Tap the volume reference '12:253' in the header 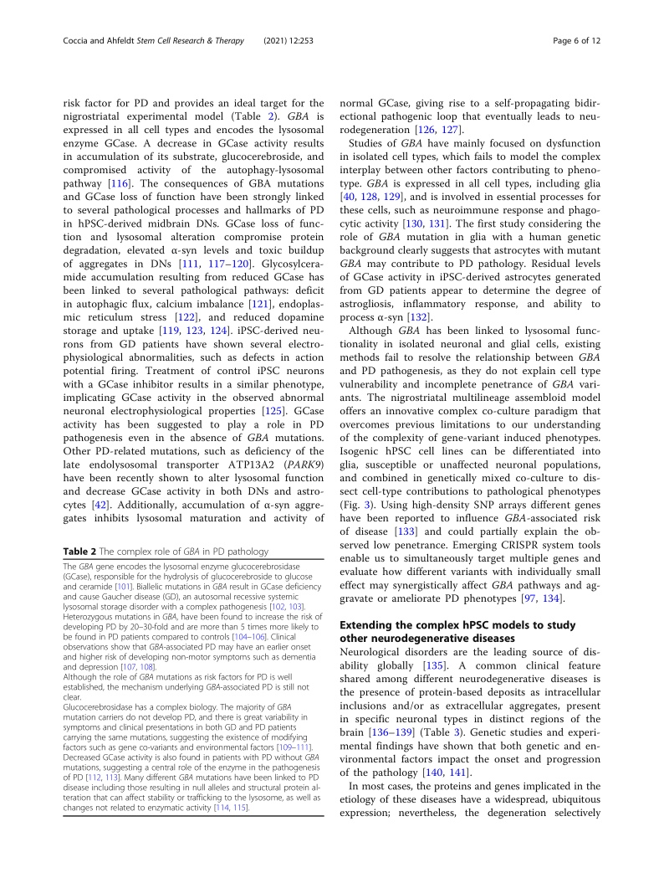coord(307,41)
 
